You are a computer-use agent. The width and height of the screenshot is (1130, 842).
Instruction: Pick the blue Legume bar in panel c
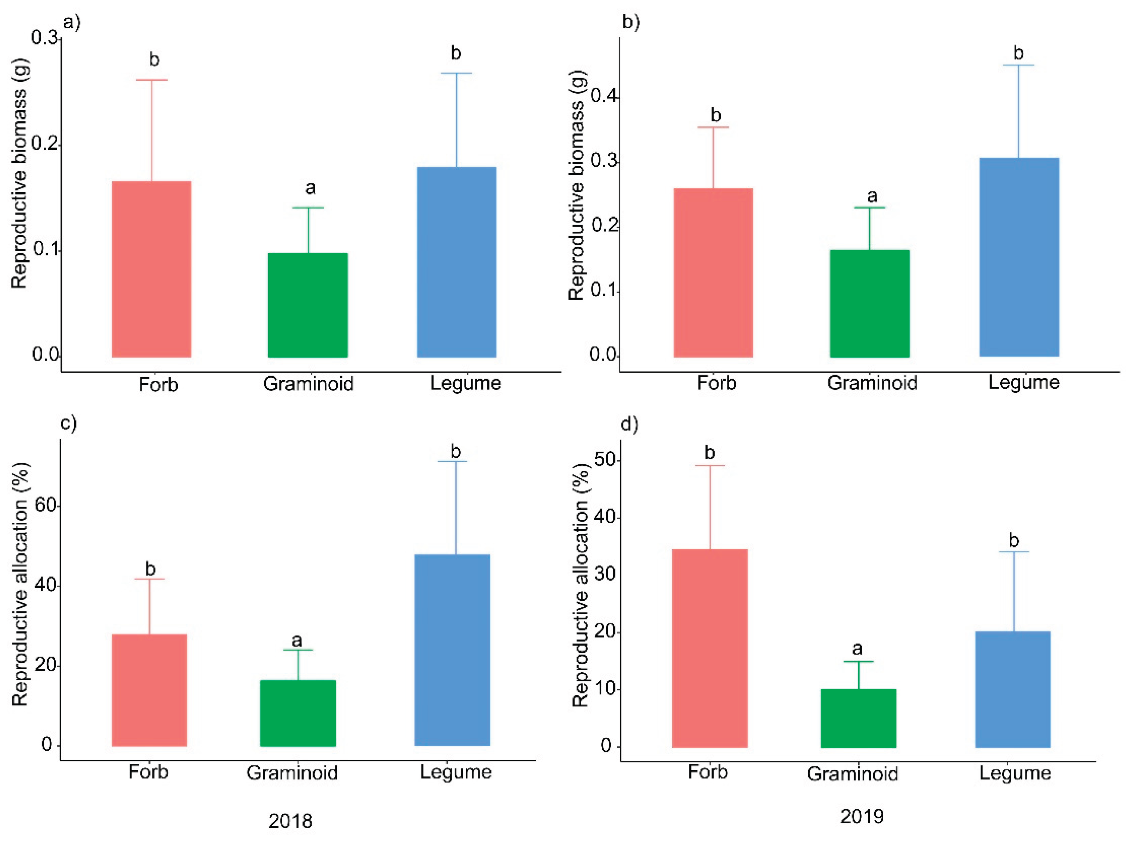pyautogui.click(x=452, y=650)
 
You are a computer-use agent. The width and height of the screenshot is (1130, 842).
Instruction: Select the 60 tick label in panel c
pyautogui.click(x=45, y=506)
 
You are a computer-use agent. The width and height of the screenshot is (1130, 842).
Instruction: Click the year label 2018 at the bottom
pyautogui.click(x=290, y=821)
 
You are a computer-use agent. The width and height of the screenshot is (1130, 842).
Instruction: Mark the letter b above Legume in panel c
pyautogui.click(x=455, y=451)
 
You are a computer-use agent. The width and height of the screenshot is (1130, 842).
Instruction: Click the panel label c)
pyautogui.click(x=69, y=423)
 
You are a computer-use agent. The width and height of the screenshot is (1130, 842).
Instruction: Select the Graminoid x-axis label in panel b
pyautogui.click(x=872, y=383)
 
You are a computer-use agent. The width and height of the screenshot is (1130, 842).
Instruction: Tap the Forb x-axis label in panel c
pyautogui.click(x=148, y=772)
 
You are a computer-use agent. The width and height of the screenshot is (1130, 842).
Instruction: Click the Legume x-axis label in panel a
pyautogui.click(x=465, y=383)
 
